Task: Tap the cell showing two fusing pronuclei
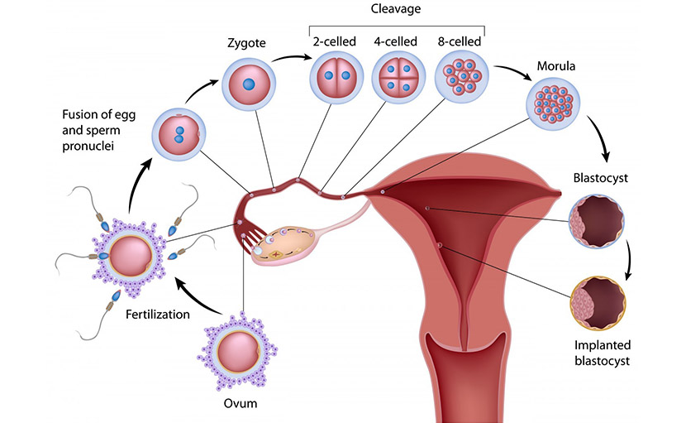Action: pyautogui.click(x=179, y=132)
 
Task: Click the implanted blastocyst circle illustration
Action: pyautogui.click(x=597, y=304)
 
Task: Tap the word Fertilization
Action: pyautogui.click(x=160, y=315)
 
